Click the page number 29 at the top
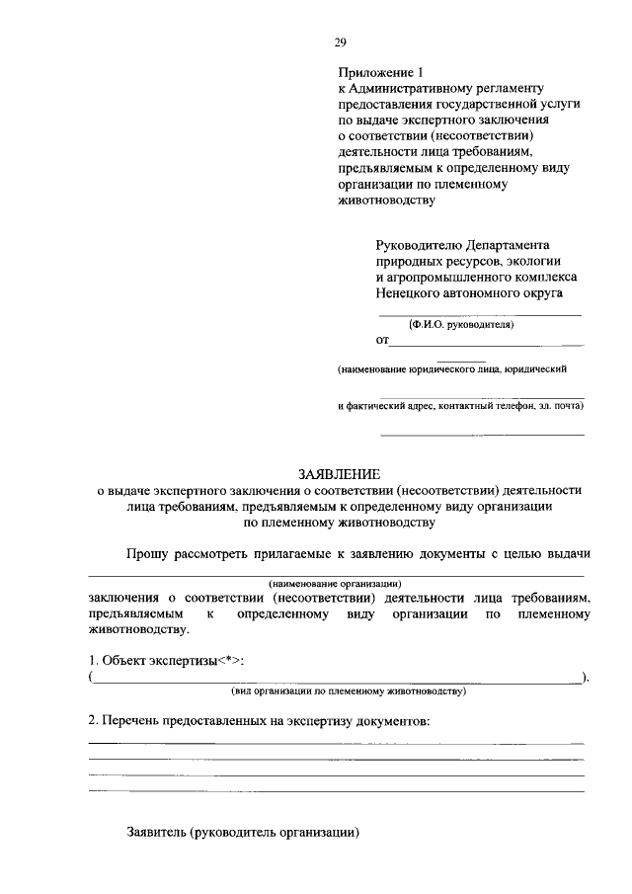[340, 41]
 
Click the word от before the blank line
[382, 342]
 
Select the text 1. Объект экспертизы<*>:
[167, 660]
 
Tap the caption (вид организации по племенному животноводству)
[348, 692]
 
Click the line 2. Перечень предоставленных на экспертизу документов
[260, 722]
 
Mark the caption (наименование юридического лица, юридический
[451, 369]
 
